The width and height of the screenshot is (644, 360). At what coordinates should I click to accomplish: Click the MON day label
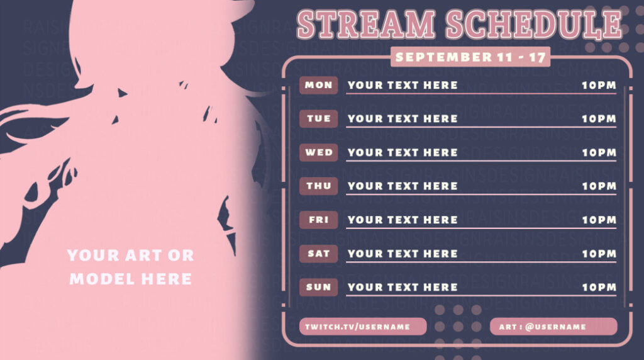pyautogui.click(x=318, y=86)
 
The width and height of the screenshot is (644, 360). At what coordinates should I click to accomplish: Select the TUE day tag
pyautogui.click(x=318, y=119)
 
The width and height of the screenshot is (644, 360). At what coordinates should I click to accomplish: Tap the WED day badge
pyautogui.click(x=318, y=152)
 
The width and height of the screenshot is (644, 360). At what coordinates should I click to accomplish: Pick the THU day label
pyautogui.click(x=318, y=186)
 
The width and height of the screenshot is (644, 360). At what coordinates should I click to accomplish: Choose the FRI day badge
pyautogui.click(x=318, y=220)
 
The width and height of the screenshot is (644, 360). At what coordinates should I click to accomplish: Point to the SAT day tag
pyautogui.click(x=318, y=254)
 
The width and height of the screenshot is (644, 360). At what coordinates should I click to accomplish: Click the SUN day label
pyautogui.click(x=318, y=288)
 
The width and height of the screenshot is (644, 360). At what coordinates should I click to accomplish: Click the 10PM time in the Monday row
pyautogui.click(x=598, y=86)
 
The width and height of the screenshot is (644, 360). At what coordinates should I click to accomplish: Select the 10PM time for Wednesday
pyautogui.click(x=598, y=152)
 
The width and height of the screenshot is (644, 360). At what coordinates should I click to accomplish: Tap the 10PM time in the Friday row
pyautogui.click(x=598, y=220)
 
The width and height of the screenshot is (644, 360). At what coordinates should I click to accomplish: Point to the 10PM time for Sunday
pyautogui.click(x=598, y=288)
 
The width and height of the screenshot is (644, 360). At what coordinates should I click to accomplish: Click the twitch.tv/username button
pyautogui.click(x=363, y=327)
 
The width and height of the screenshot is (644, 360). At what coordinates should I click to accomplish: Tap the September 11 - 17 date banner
pyautogui.click(x=470, y=57)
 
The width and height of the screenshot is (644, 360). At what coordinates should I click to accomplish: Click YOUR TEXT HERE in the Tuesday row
pyautogui.click(x=402, y=119)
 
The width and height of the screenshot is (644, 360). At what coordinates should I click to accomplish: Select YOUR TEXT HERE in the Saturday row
pyautogui.click(x=402, y=254)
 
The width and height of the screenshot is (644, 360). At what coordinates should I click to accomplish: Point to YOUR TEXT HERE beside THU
pyautogui.click(x=402, y=186)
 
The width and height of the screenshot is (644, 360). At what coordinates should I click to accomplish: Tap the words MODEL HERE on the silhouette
pyautogui.click(x=130, y=279)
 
